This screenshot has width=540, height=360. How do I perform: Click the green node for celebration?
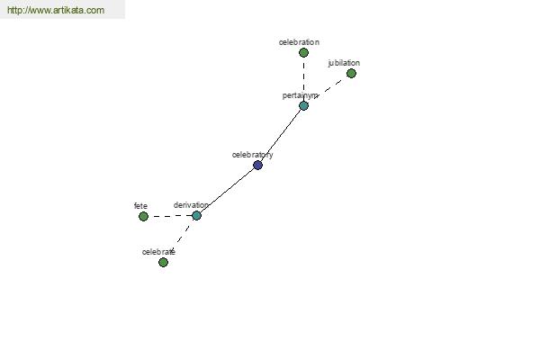(x=303, y=53)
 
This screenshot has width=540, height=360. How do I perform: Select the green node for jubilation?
(x=351, y=74)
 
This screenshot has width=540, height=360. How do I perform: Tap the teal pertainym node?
(x=303, y=106)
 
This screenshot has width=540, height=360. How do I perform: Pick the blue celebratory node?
(x=257, y=166)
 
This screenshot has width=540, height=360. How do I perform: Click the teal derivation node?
(x=196, y=216)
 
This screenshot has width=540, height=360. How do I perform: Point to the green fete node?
(x=143, y=216)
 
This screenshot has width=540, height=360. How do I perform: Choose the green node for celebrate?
(x=163, y=263)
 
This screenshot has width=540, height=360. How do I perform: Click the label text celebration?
(x=299, y=42)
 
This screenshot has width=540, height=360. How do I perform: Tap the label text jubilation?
(x=344, y=63)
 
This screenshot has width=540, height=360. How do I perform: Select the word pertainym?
(x=300, y=95)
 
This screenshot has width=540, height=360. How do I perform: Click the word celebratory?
(x=252, y=155)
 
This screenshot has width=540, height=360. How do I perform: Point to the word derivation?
(x=191, y=205)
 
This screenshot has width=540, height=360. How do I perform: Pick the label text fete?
(x=140, y=206)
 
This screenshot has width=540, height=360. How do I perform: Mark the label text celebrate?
(x=158, y=252)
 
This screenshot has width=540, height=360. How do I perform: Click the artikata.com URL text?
(x=56, y=10)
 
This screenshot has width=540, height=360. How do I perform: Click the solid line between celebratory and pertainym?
(x=281, y=135)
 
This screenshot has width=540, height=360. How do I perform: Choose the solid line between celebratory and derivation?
(x=227, y=191)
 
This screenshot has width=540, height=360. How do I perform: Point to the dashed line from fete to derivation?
(x=170, y=216)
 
